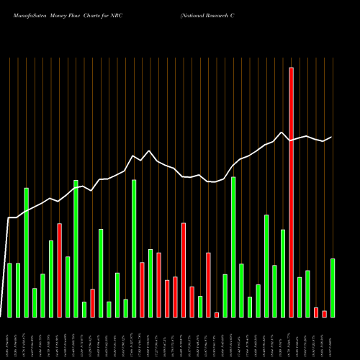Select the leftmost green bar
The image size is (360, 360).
pyautogui.click(x=10, y=290)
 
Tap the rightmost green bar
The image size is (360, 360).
pyautogui.click(x=333, y=288)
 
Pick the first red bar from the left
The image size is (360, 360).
pyautogui.click(x=60, y=270)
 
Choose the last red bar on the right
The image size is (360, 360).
pyautogui.click(x=324, y=313)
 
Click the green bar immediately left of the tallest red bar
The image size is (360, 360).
pyautogui.click(x=283, y=273)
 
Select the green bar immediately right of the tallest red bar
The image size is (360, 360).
pyautogui.click(x=300, y=297)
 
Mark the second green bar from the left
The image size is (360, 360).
pyautogui.click(x=18, y=290)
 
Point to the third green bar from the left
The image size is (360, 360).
pyautogui.click(x=27, y=252)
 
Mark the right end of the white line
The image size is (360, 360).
pyautogui.click(x=332, y=137)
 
